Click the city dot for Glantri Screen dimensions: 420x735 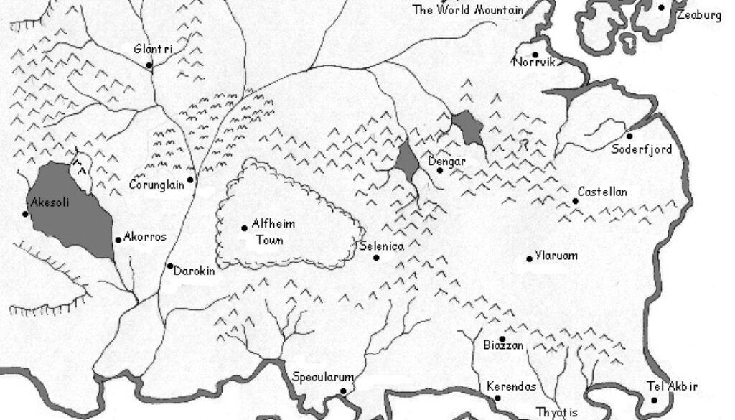[x=149, y=65]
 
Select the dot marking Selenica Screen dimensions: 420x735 [x=376, y=257]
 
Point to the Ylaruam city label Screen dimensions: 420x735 [x=556, y=256]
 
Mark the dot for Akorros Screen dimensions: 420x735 [x=118, y=240]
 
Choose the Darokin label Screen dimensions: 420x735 [x=194, y=272]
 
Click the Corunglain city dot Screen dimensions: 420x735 [x=190, y=179]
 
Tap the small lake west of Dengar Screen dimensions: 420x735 [x=407, y=162]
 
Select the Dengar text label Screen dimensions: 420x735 [x=446, y=162]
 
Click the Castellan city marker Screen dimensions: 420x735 [x=576, y=201]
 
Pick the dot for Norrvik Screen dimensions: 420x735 [x=535, y=55]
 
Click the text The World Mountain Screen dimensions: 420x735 [x=467, y=10]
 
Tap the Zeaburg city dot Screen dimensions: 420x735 [x=662, y=7]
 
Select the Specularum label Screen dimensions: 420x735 [x=323, y=376]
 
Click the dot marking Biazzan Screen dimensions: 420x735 [x=502, y=339]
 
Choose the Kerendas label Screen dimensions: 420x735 [x=511, y=386]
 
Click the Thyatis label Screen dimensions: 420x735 [x=557, y=413]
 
